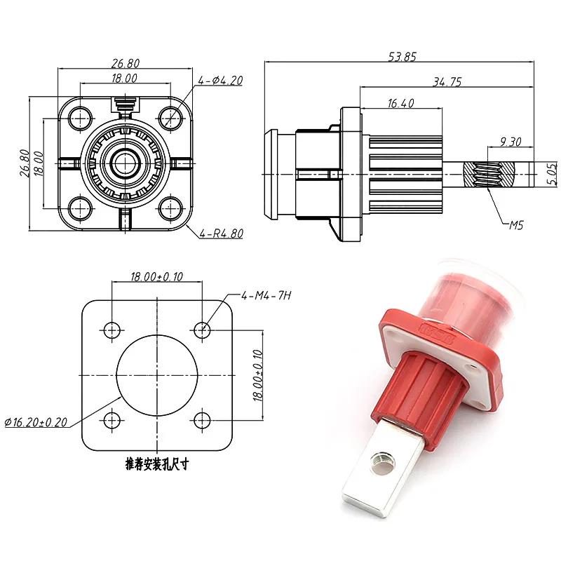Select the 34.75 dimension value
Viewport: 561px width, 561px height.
coord(447,82)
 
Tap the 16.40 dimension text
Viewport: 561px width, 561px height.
coord(400,104)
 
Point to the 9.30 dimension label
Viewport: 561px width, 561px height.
coord(510,142)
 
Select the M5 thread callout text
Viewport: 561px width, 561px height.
coord(517,225)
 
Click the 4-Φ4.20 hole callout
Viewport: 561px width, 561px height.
coord(220,81)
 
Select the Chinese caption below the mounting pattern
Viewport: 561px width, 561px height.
coord(158,464)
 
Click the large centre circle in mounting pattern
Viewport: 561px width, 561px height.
coord(157,374)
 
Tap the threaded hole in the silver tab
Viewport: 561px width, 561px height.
coord(384,461)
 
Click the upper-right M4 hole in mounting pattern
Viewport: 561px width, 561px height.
coord(203,328)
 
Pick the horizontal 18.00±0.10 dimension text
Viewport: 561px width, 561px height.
coord(157,277)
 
